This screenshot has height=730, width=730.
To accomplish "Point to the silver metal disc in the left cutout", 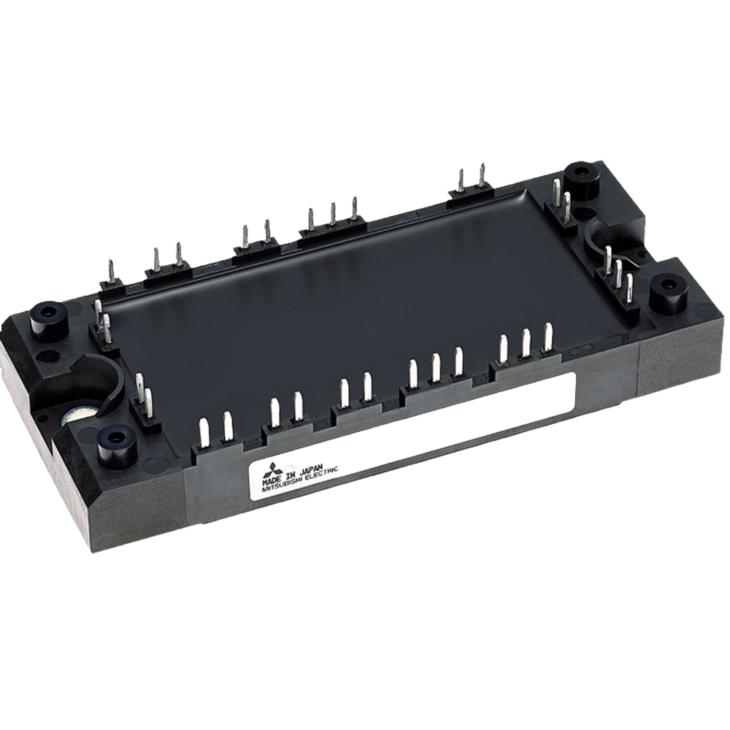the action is pyautogui.click(x=80, y=416).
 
